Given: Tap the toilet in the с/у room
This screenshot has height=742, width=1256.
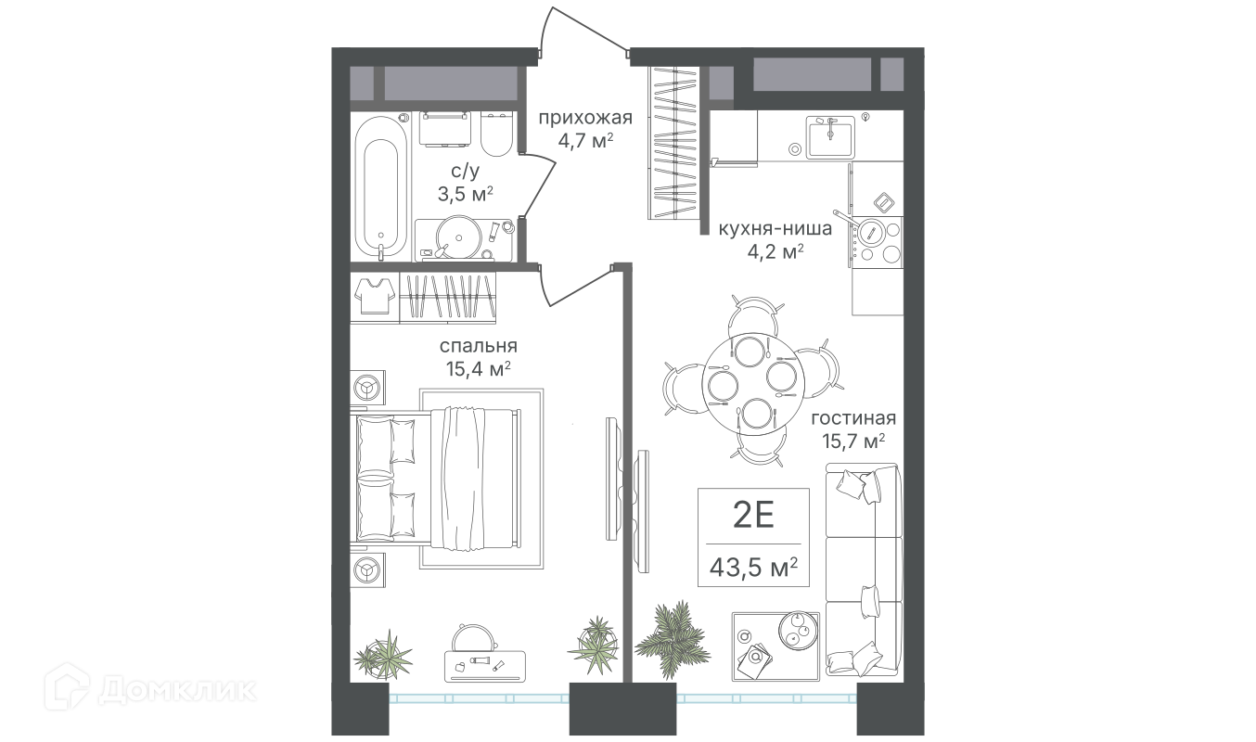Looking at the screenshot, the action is pos(497,134).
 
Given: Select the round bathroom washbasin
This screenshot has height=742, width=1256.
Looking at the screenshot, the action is pos(458,237).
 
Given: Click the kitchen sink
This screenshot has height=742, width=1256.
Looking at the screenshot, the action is pos(830,137).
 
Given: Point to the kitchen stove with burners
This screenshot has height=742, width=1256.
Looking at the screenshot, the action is pos(877,242).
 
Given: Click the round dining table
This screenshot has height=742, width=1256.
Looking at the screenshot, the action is pos(753,384).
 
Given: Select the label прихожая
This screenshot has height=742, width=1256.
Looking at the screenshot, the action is pos(585,118).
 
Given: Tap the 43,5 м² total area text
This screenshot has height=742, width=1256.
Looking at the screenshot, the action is pos(753,568).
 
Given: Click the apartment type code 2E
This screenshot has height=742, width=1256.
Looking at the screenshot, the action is pos(753,516).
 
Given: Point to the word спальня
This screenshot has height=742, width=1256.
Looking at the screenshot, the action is pos(479,346).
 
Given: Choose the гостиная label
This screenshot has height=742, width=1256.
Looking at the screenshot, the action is pos(853,417).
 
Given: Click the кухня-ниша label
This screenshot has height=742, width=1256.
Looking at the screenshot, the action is pos(775,229).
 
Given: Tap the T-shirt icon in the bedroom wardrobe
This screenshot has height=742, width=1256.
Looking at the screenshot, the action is pos(375,295).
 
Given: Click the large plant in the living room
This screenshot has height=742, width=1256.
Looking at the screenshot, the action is pos(673,639).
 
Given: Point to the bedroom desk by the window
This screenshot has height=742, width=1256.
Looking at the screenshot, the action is pos(485,666).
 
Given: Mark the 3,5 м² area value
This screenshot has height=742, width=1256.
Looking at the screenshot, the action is pos(466,194).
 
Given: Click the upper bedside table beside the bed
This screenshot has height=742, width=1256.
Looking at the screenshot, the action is pos(368,387).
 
